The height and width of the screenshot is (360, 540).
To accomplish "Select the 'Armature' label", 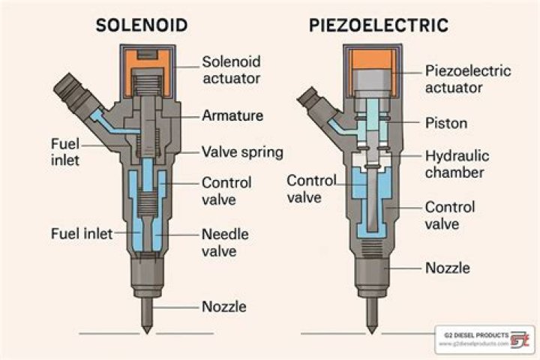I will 231,115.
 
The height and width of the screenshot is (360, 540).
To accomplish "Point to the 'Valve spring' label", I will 242,152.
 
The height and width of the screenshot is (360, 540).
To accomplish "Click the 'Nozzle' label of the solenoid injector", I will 224,306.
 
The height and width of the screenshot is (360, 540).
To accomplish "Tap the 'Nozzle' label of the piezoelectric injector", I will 448,267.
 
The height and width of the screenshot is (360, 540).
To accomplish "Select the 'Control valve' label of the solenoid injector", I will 226,191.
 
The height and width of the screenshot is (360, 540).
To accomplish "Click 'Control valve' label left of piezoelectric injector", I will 310,188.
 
